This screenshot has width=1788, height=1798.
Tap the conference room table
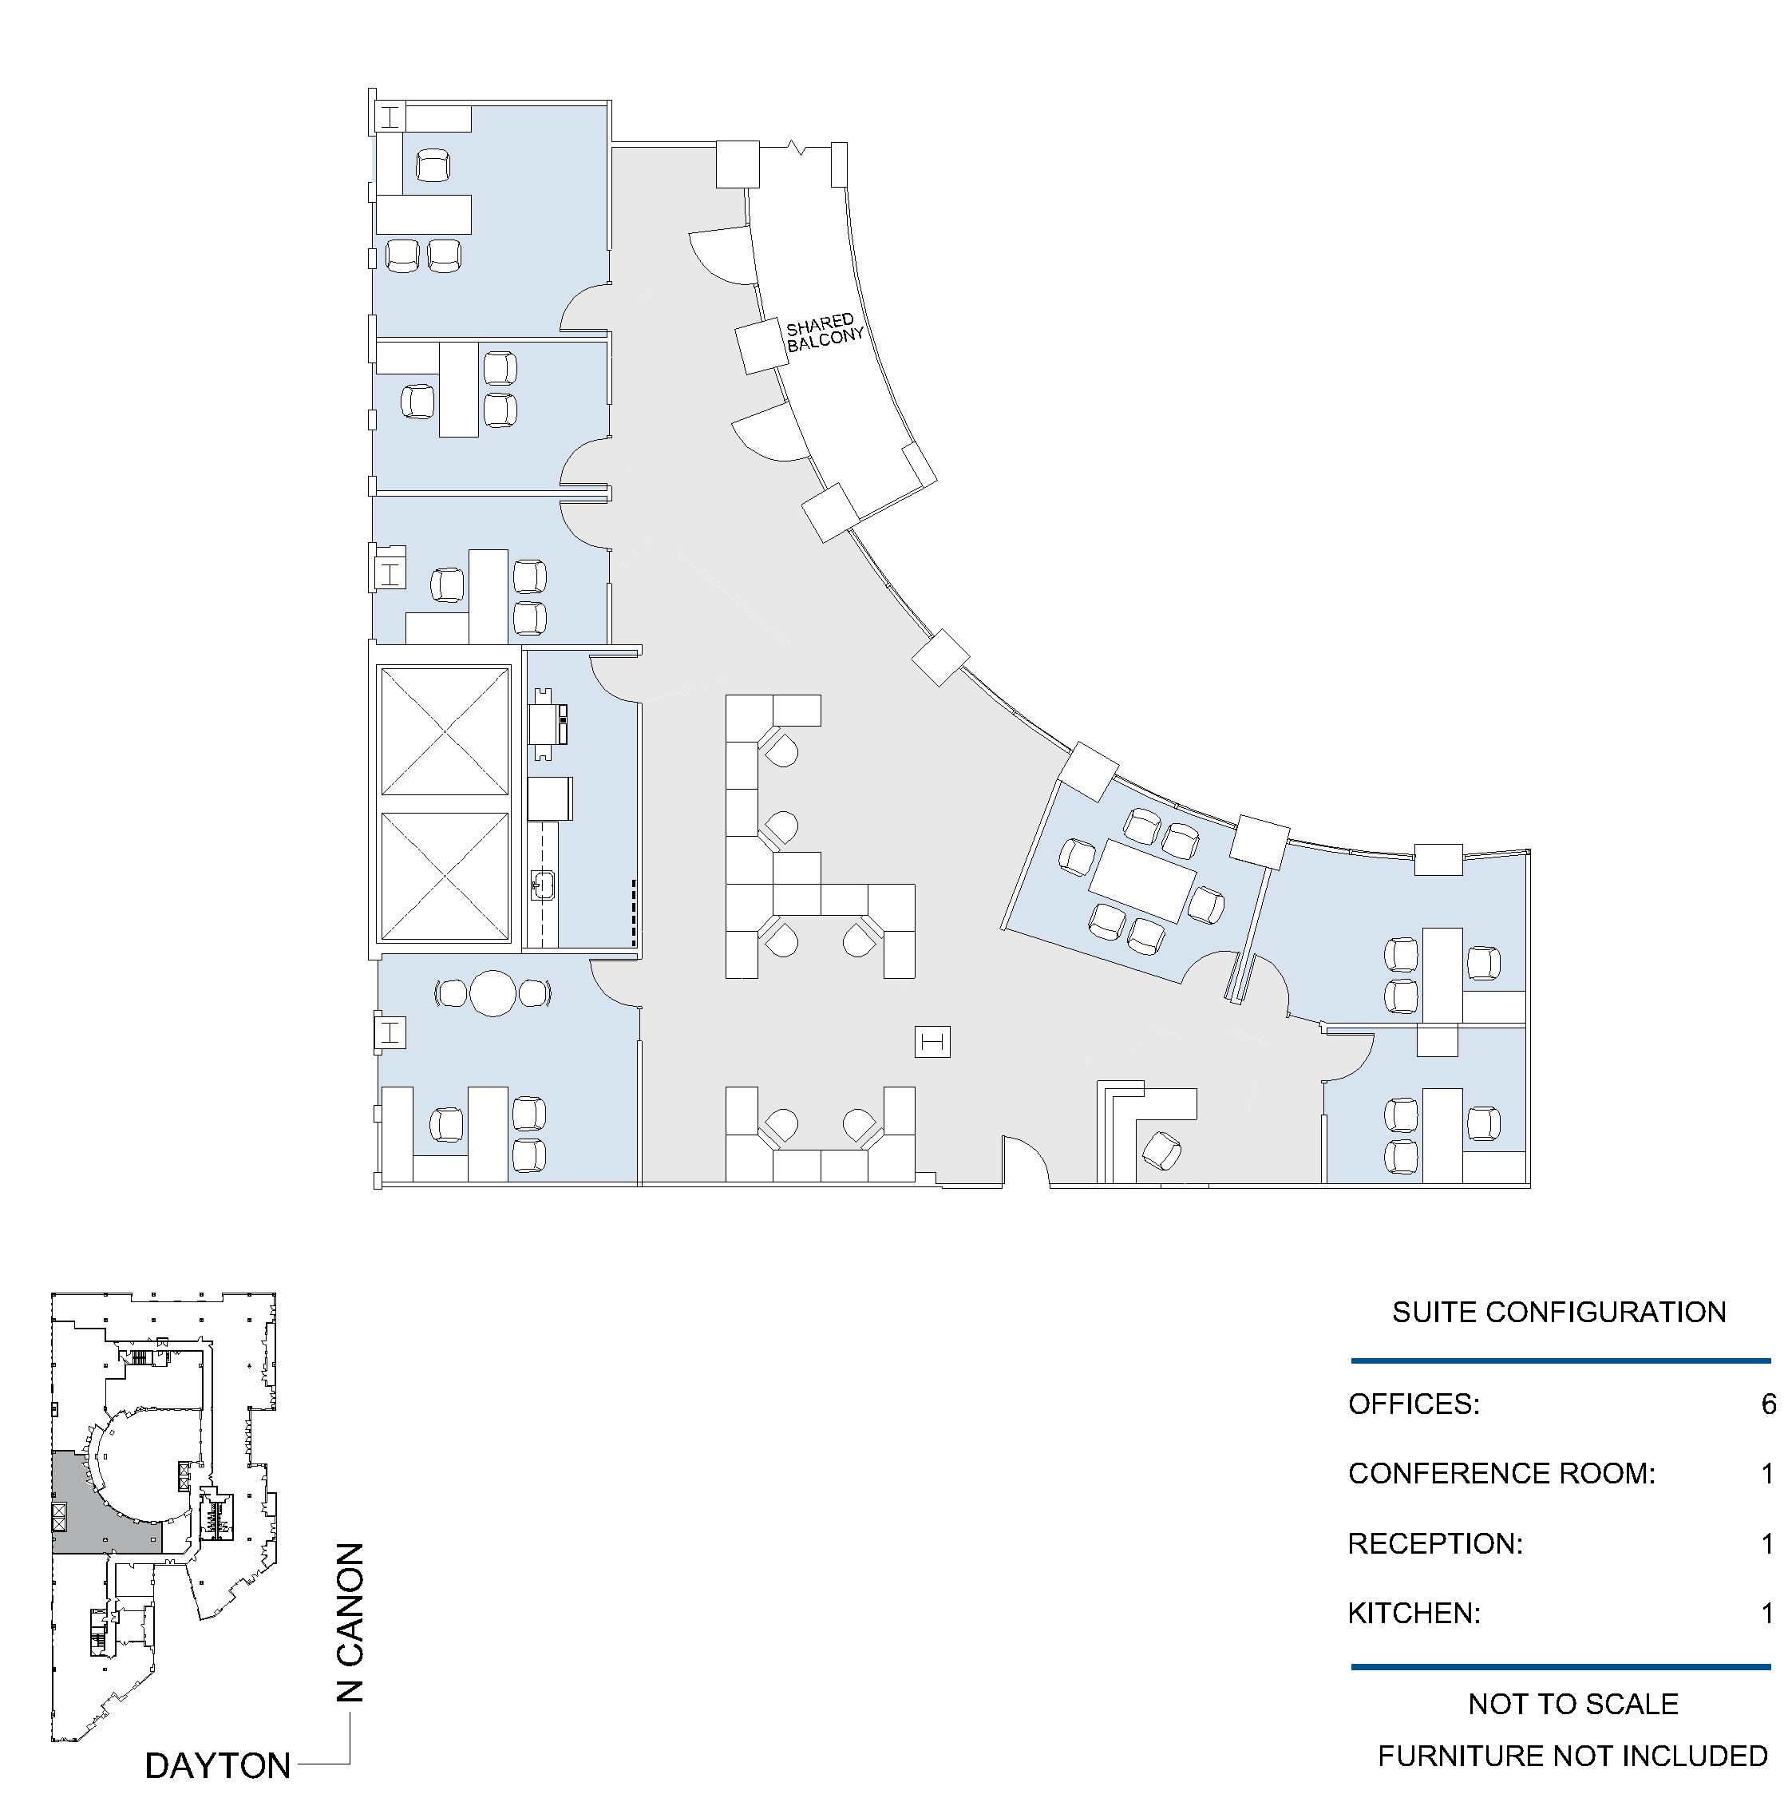point(1143,881)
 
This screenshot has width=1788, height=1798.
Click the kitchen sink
point(544,885)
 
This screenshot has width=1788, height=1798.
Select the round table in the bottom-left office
point(492,993)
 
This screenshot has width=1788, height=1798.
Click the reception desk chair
point(1160,1150)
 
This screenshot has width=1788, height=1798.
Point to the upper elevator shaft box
point(445,732)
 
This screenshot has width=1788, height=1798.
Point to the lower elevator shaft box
point(445,877)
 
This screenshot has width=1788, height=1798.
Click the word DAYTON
point(218,1764)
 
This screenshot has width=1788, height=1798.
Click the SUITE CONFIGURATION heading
point(1559,1313)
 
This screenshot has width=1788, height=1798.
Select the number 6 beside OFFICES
point(1769,1404)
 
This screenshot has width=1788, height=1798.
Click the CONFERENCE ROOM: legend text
point(1501,1473)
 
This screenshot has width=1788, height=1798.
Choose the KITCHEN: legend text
point(1414,1613)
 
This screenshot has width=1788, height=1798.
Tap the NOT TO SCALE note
point(1573,1704)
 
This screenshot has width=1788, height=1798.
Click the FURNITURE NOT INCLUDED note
point(1572,1756)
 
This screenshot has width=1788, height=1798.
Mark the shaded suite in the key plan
point(93,1517)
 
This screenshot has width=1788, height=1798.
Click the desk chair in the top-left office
point(433,167)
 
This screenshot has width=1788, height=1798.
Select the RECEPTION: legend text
point(1435,1544)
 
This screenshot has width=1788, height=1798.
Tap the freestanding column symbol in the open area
point(933,1041)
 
